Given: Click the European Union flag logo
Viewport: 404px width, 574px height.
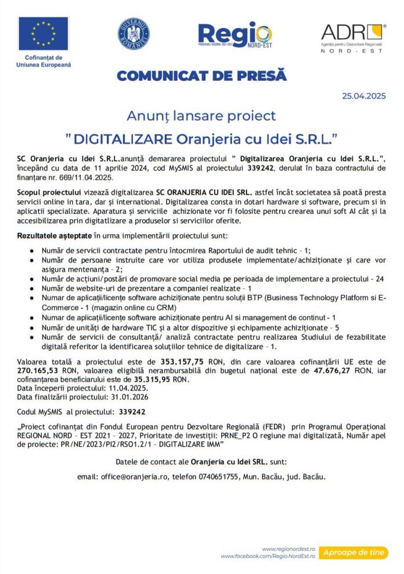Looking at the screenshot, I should click(x=43, y=34).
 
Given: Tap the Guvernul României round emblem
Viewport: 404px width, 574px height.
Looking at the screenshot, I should click(x=134, y=33).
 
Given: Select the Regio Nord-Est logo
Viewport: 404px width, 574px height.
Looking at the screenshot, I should click(x=235, y=35).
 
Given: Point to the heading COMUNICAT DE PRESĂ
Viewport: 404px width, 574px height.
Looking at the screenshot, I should click(x=201, y=76).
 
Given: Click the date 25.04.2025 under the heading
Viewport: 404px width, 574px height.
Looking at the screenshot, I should click(x=364, y=96).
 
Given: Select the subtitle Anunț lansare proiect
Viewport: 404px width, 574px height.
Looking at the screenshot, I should click(x=201, y=116).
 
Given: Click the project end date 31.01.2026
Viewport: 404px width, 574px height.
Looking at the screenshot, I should click(x=130, y=397).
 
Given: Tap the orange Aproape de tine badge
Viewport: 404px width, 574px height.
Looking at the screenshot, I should click(x=353, y=553).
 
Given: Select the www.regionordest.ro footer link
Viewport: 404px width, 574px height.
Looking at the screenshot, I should click(x=288, y=548).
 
